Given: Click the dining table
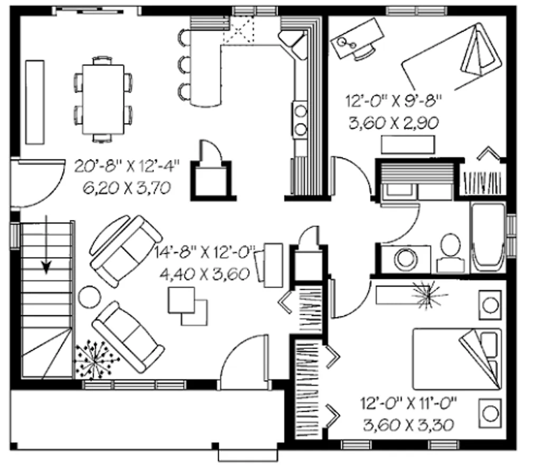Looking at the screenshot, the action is point(103,99).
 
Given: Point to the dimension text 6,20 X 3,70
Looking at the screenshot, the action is point(127,188).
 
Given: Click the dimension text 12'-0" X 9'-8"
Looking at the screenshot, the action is point(394,101).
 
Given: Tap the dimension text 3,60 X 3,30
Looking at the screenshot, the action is point(409,425).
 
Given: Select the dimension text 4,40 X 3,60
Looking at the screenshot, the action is point(205,274).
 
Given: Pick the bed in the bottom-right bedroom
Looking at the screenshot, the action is point(457,359).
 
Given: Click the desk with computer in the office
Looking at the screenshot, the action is point(357,39).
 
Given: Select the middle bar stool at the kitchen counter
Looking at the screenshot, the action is point(184,65).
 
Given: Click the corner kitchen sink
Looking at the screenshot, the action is point(293,43).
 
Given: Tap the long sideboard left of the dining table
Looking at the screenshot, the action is point(35,102).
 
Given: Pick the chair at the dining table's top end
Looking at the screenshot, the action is point(103,60).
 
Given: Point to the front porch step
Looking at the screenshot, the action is point(248,455).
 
